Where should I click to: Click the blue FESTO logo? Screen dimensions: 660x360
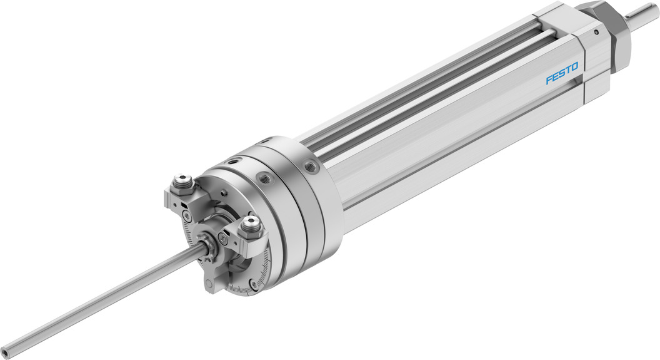(562, 73)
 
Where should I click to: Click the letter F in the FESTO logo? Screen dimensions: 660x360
(549, 80)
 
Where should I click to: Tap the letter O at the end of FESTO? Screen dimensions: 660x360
(574, 67)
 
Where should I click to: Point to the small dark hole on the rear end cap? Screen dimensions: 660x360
(596, 31)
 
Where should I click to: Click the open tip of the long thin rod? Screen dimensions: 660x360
(5, 351)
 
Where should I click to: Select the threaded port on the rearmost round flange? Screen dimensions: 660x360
(311, 165)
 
